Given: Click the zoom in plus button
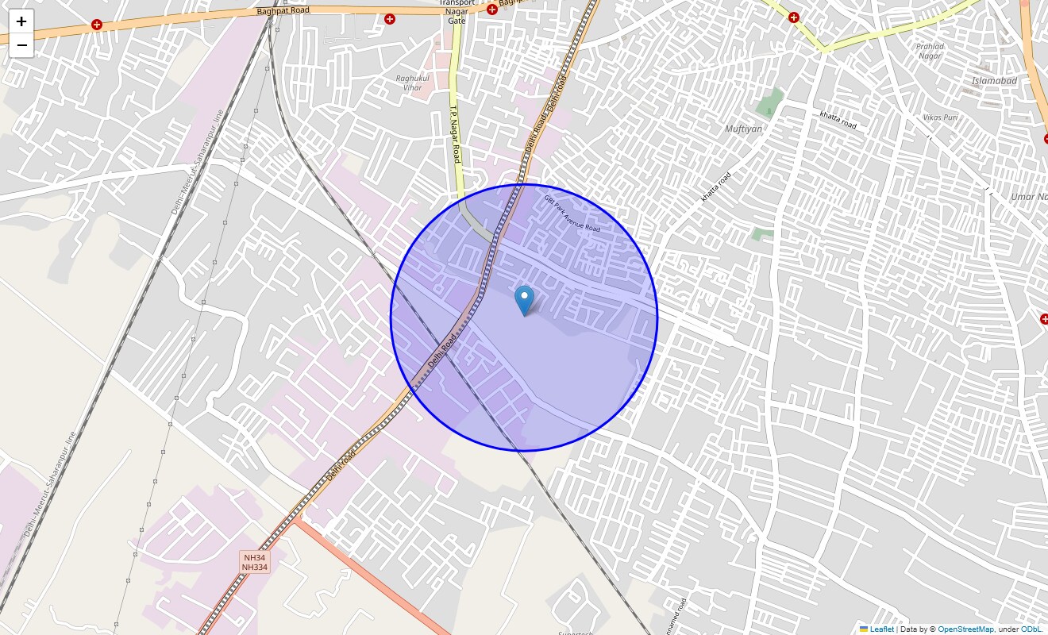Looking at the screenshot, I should [x=21, y=21].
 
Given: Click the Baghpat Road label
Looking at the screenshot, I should [x=283, y=10].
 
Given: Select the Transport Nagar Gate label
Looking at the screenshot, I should [x=457, y=11].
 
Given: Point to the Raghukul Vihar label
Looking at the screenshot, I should [x=409, y=83].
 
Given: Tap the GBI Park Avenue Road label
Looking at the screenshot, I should [x=572, y=212].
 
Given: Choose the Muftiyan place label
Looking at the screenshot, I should [x=743, y=129].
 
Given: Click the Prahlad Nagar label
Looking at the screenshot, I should [x=930, y=51].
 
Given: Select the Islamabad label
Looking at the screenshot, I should [x=994, y=81].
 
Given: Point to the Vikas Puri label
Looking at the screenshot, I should [x=940, y=117].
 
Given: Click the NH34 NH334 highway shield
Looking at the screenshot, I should [x=255, y=562].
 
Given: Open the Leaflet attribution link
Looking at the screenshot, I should [x=881, y=629].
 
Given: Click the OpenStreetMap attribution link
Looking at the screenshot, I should [x=965, y=629].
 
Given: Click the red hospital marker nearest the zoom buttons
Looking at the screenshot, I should [x=97, y=25].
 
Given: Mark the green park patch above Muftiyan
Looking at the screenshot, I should [x=769, y=104].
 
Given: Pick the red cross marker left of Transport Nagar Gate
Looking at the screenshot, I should [x=390, y=19].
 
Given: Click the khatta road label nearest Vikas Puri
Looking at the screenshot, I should [x=838, y=121].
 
